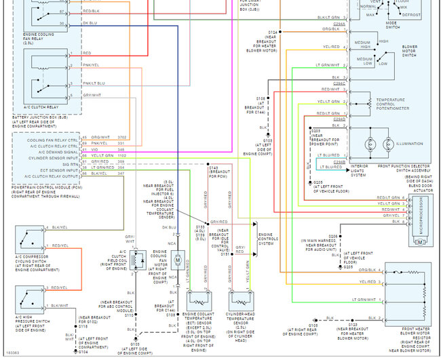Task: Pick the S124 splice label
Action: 273,32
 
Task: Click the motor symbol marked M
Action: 176,260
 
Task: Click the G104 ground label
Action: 83,353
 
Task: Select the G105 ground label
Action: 312,325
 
